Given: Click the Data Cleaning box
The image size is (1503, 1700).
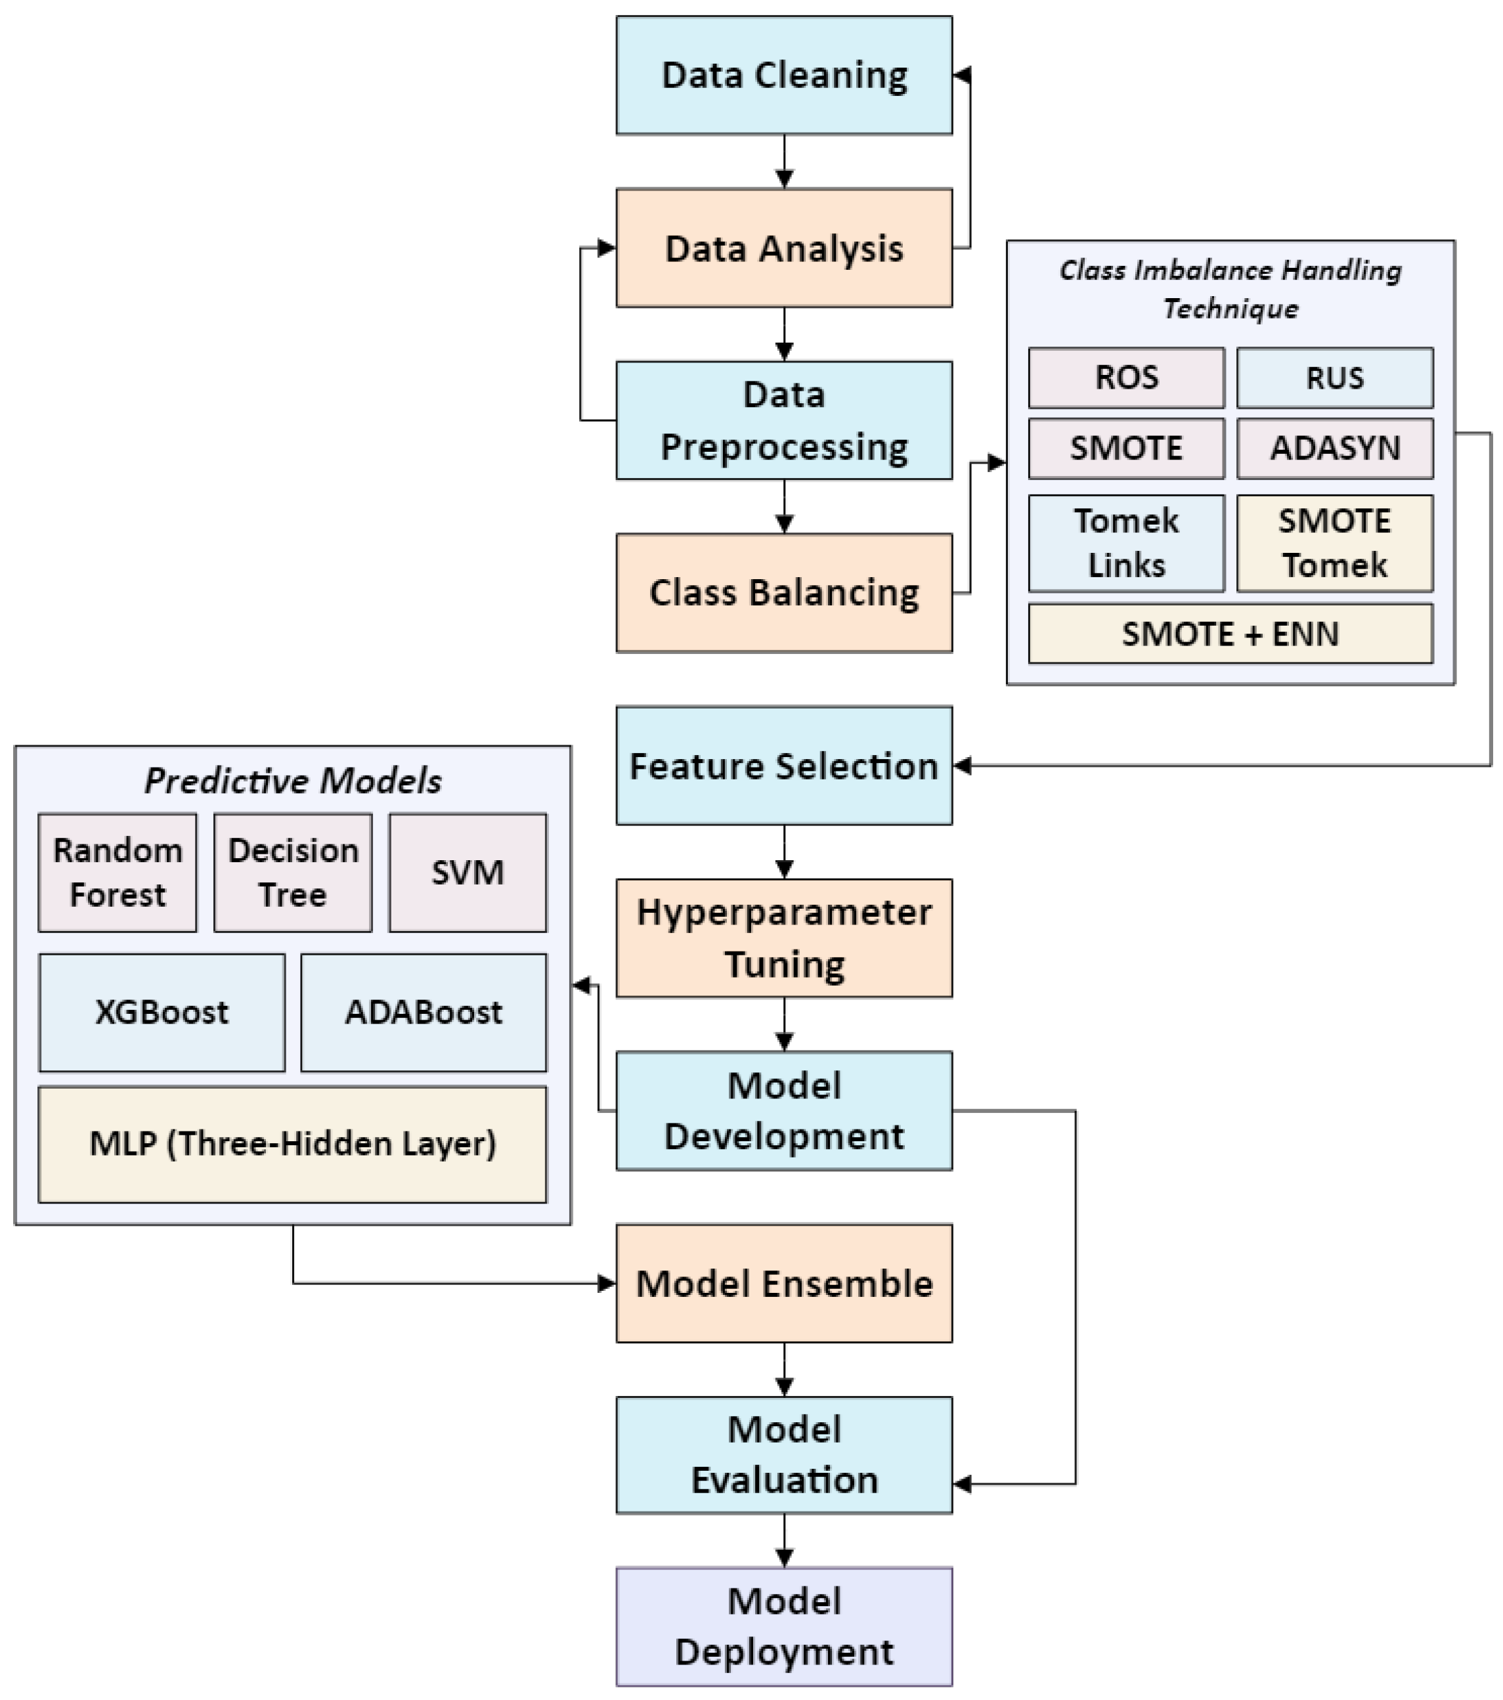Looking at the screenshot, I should tap(783, 75).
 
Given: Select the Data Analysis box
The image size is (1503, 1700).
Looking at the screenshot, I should tap(783, 248).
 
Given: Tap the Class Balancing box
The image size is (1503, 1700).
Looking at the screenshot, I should tap(783, 593).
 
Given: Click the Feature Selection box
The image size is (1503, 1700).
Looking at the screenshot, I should tap(783, 765).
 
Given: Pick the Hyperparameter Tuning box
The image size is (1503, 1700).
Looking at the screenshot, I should tap(783, 938).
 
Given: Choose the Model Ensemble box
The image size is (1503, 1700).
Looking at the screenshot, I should tap(783, 1283).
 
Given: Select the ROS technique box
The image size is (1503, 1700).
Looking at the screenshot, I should tap(1126, 378).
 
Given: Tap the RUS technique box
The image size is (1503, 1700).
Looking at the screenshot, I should tap(1334, 378).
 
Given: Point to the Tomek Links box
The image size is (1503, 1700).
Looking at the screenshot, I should tap(1126, 543).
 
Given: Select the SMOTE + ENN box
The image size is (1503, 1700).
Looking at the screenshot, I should tap(1231, 634).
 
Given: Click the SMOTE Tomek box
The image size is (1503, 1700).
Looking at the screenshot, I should tap(1334, 543).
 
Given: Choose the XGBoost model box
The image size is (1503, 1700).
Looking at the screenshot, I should tap(162, 1012).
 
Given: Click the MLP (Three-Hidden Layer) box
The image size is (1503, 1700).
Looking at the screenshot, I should tap(292, 1144).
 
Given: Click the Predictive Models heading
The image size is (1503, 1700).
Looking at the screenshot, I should tap(292, 780).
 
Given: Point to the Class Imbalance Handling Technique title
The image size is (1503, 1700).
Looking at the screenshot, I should tap(1231, 289).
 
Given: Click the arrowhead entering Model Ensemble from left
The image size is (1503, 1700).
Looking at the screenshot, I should tap(607, 1283).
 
